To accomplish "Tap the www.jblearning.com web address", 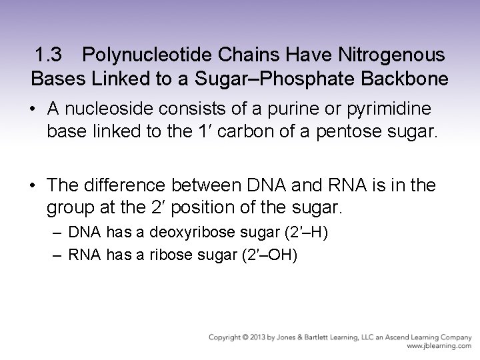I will (438, 347).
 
